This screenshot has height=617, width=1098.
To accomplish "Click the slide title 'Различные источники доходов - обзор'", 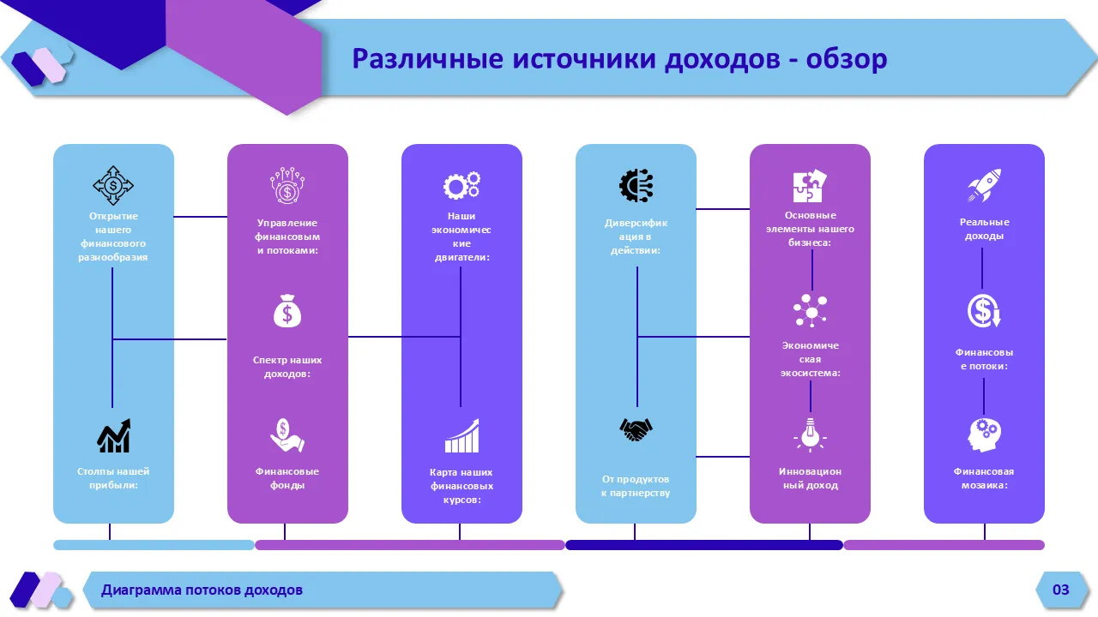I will click(x=619, y=59).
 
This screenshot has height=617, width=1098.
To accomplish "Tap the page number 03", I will click(x=1061, y=590).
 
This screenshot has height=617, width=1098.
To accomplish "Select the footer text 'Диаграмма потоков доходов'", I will click(x=202, y=590).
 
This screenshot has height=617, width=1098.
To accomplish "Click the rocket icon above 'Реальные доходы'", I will click(x=984, y=185).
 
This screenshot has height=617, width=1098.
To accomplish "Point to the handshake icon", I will click(x=636, y=428).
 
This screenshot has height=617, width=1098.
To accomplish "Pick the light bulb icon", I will click(x=810, y=434).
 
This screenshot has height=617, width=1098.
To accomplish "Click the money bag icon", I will click(x=287, y=311).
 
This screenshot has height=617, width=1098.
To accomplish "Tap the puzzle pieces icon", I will click(x=810, y=186).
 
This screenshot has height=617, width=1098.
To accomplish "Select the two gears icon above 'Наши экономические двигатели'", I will click(x=462, y=185).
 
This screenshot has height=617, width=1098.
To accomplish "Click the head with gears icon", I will click(x=984, y=435).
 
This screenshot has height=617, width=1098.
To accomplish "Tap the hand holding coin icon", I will click(x=287, y=435).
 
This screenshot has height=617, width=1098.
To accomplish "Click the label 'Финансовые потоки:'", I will click(x=983, y=359).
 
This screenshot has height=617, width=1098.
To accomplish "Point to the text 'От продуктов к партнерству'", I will click(x=636, y=486).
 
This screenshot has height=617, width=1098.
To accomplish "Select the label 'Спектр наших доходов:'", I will click(x=287, y=367).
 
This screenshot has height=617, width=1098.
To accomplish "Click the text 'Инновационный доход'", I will click(x=810, y=478).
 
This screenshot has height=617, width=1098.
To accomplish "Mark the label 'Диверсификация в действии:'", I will click(x=636, y=237).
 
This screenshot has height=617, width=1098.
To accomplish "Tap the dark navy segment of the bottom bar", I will click(x=703, y=545).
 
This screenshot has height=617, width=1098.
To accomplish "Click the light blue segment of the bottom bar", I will click(x=154, y=545).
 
